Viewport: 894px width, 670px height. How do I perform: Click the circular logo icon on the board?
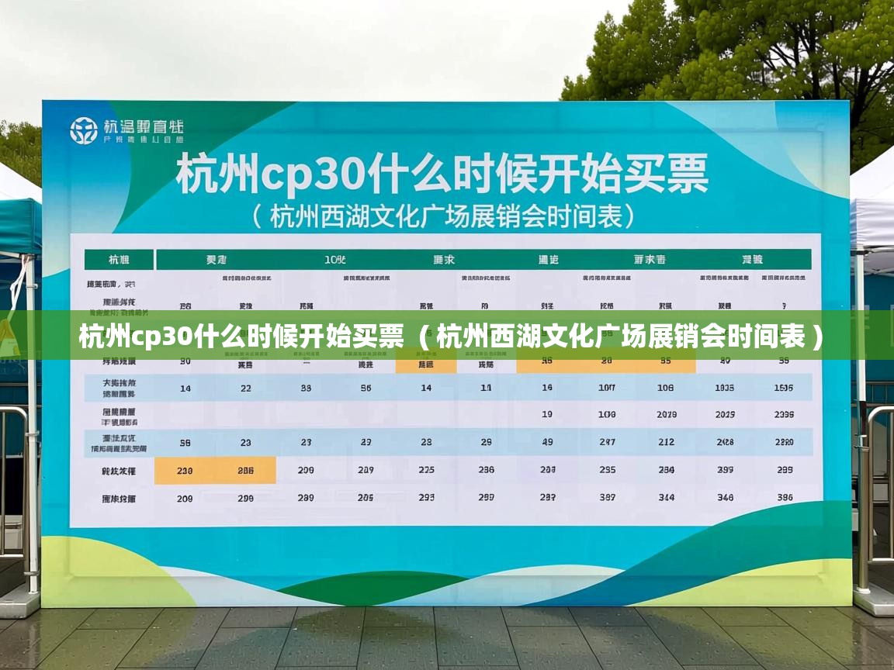pos(84,130)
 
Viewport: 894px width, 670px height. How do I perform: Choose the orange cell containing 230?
pos(185,470)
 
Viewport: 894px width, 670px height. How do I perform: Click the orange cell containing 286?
pos(245,470)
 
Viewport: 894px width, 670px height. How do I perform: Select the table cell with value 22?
pos(245,388)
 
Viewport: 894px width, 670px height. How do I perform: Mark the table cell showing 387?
pos(607,498)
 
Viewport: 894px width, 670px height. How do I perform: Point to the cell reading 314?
pos(667,498)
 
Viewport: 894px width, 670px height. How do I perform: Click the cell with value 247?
pos(607,442)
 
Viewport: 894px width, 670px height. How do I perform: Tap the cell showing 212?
pos(667,442)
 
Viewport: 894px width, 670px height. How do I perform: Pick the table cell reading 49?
pos(547,442)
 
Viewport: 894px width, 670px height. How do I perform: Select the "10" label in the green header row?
pos(335,259)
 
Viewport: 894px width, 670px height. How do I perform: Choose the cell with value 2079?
pos(667,415)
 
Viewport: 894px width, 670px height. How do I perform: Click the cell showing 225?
pos(426,470)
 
